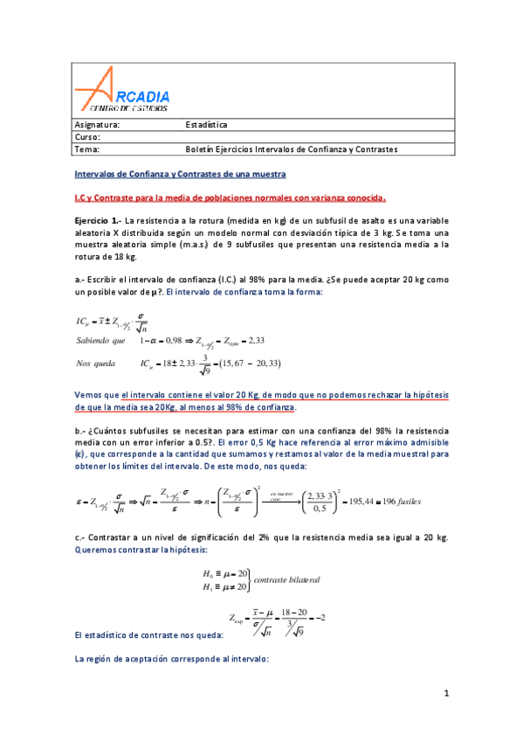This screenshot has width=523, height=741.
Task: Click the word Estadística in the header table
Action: [x=206, y=125]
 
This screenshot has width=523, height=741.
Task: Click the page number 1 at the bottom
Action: [x=445, y=694]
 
